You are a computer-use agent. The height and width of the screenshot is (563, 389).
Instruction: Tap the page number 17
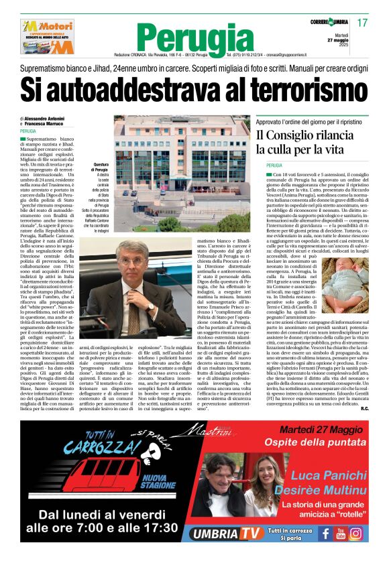pyautogui.click(x=363, y=23)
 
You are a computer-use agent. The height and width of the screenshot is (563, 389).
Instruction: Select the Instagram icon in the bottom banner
pyautogui.click(x=356, y=533)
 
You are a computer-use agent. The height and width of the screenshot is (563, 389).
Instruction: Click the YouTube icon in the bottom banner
pyautogui.click(x=341, y=533)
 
